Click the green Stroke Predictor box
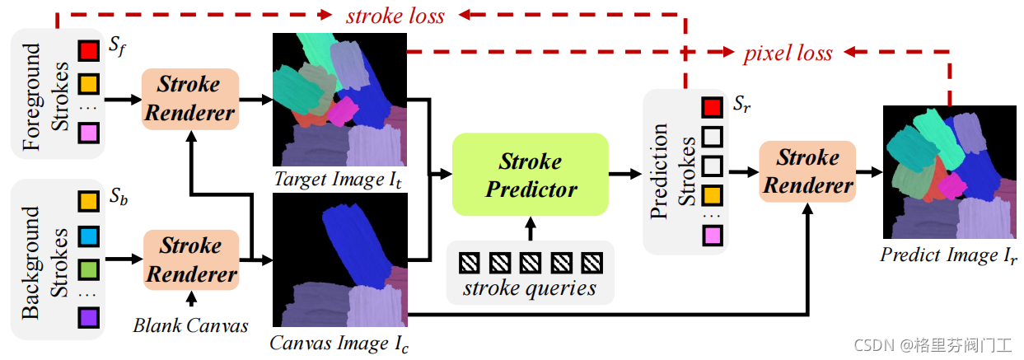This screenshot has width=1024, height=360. click(531, 175)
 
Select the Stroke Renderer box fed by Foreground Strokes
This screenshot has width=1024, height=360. click(189, 98)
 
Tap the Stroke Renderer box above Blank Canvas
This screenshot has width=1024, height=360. click(190, 259)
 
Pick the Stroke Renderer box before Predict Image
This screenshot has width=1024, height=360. click(807, 171)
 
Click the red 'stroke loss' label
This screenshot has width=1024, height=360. click(395, 16)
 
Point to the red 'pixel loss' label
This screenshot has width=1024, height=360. click(788, 54)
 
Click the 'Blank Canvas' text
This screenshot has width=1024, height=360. click(190, 325)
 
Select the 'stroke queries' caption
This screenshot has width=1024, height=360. click(529, 288)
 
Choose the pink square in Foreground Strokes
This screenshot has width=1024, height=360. click(88, 133)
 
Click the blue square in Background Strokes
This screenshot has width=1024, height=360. click(88, 235)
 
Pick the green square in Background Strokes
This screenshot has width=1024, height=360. click(88, 269)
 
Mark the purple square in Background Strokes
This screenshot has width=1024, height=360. click(88, 317)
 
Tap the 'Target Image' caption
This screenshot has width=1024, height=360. click(339, 180)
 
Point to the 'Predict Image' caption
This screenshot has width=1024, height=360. click(948, 255)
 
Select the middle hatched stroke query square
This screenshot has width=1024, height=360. click(530, 262)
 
